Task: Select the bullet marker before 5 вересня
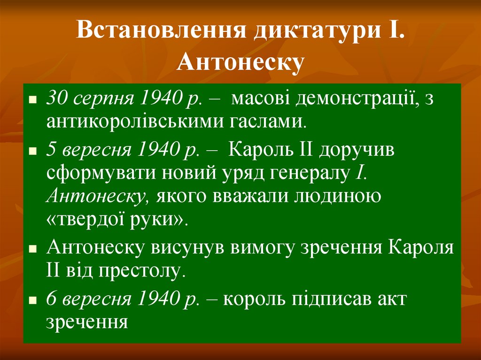pyautogui.click(x=32, y=153)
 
